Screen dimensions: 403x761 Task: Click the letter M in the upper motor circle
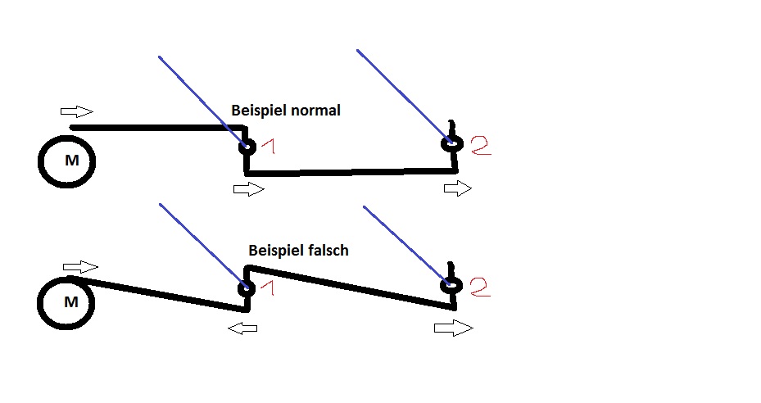[72, 161]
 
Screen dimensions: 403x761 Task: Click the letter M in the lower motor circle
[71, 302]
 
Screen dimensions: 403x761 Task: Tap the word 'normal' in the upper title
[315, 110]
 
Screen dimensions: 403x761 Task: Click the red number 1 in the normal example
[268, 147]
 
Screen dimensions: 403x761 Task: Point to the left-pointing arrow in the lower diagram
[242, 328]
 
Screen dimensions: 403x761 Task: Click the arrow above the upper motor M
[77, 111]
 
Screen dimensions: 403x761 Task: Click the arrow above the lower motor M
[80, 267]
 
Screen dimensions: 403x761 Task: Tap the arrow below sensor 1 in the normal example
[249, 189]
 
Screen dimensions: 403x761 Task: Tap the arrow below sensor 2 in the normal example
[458, 189]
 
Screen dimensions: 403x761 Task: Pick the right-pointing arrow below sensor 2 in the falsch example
[453, 328]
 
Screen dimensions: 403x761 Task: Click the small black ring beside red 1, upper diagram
[246, 147]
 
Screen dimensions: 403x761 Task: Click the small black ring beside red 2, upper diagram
[451, 144]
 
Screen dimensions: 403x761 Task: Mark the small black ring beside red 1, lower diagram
[245, 288]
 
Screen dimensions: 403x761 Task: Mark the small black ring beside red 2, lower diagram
[451, 285]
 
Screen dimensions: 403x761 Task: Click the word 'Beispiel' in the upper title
[258, 111]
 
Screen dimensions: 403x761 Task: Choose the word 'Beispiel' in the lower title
[274, 251]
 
